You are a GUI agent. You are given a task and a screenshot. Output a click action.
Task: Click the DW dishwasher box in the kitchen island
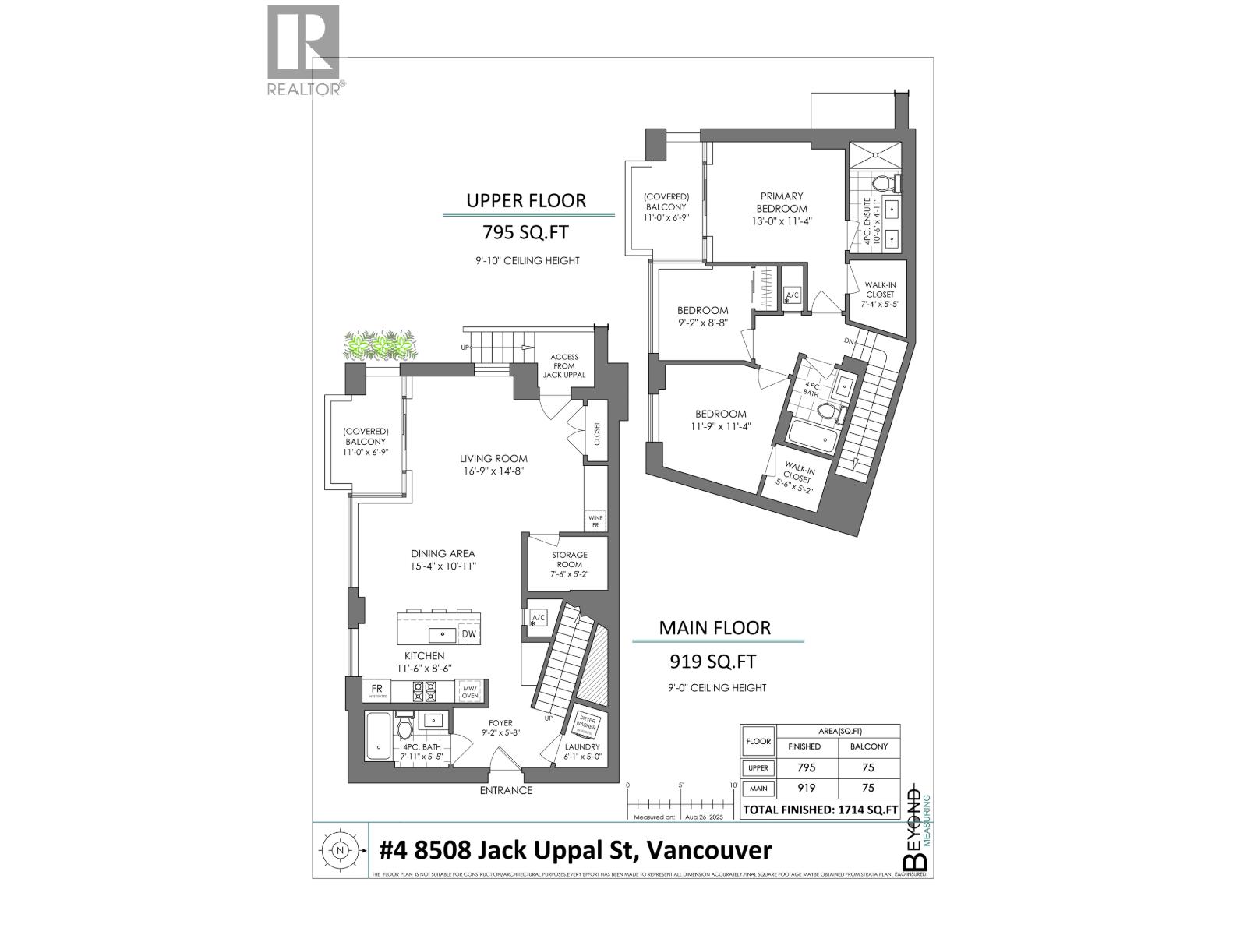(x=468, y=635)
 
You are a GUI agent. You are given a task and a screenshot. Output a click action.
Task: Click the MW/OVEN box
(x=470, y=691)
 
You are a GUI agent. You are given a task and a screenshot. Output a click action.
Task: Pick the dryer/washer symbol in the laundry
(x=585, y=725)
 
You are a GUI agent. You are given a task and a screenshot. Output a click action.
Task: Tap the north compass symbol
(x=339, y=850)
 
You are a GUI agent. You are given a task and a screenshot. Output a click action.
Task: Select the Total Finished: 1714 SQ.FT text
(x=821, y=810)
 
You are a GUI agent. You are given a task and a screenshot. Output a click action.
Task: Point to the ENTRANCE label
(x=506, y=790)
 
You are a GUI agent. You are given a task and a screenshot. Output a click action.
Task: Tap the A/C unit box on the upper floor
(x=793, y=295)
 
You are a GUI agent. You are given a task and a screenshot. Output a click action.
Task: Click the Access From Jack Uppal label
(x=563, y=366)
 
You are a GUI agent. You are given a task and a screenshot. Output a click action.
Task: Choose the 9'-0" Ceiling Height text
(x=717, y=688)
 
